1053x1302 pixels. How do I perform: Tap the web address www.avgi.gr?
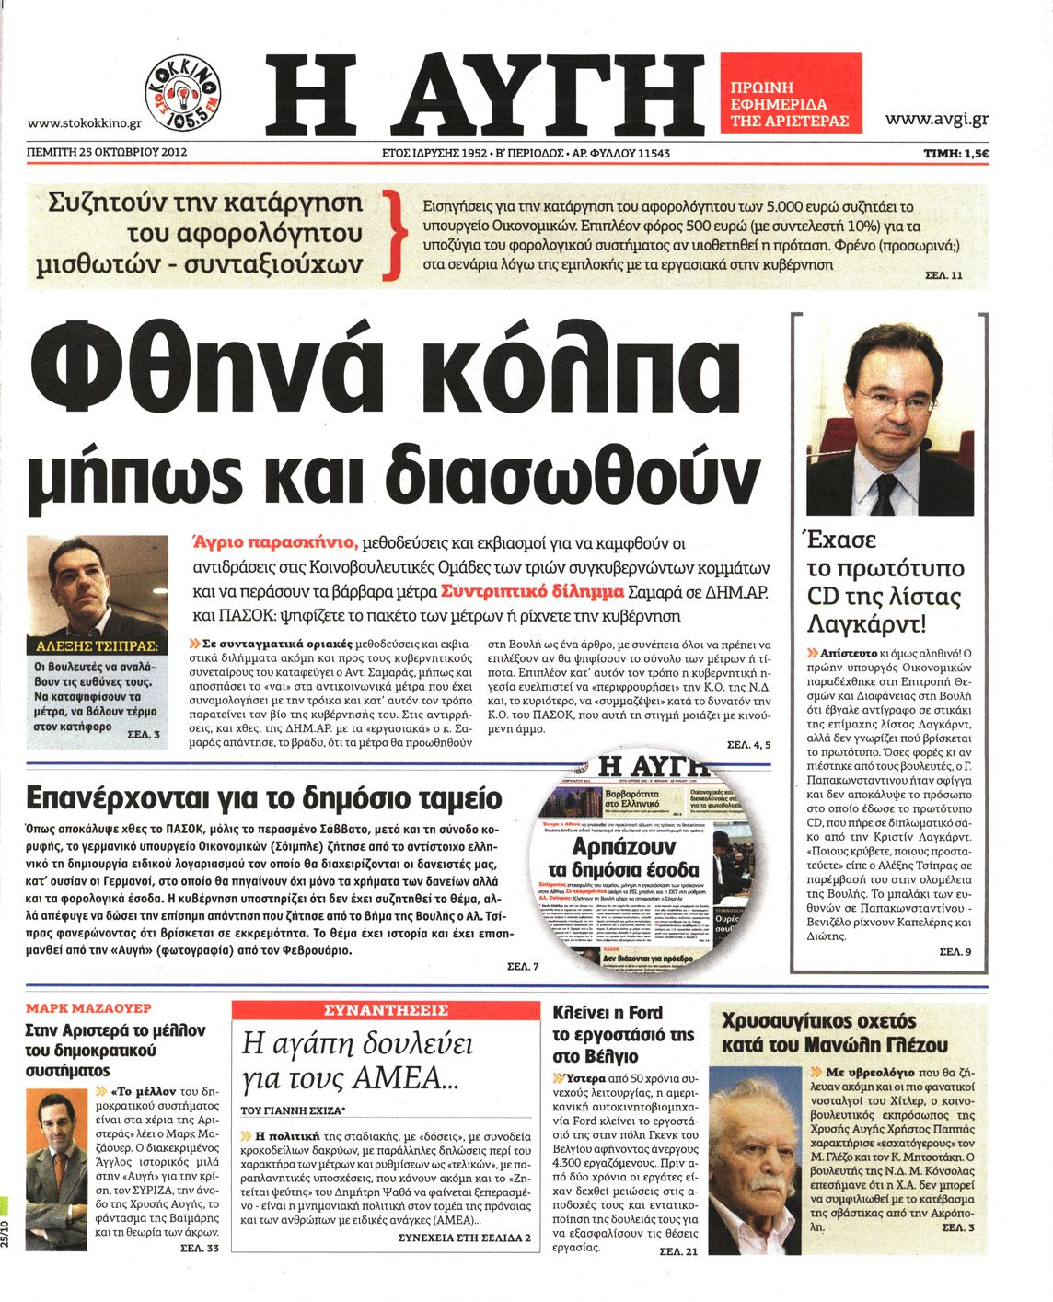936,119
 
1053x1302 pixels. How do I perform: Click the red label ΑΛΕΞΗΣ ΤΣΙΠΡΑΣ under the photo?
96,646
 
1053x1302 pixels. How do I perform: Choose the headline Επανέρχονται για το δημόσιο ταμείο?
264,796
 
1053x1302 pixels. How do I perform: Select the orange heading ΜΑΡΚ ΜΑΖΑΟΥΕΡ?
88,1008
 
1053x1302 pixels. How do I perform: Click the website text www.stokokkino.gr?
84,122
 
